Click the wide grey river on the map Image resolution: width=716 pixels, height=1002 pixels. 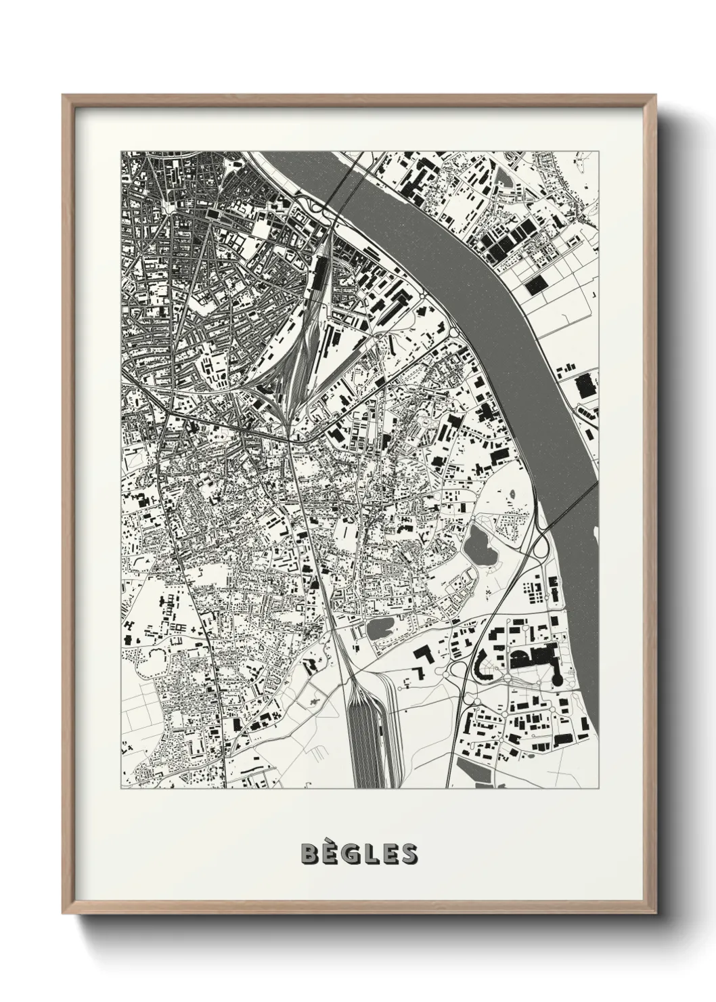coord(474,271)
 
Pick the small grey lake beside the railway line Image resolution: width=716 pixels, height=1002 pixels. coord(380,628)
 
